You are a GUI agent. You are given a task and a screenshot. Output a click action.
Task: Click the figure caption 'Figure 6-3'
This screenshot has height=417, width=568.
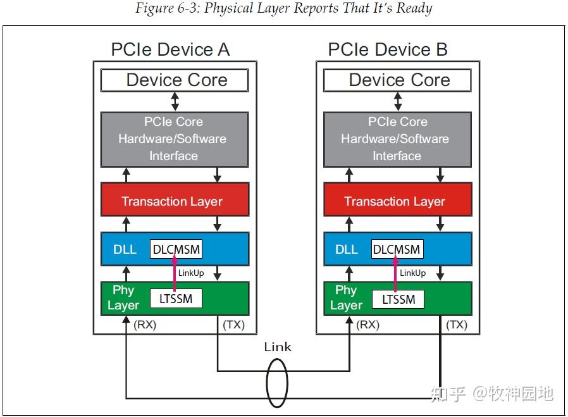pyautogui.click(x=283, y=9)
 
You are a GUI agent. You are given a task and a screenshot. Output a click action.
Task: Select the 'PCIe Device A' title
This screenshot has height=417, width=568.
pyautogui.click(x=170, y=49)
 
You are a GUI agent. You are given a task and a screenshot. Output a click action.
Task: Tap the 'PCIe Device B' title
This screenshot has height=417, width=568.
pyautogui.click(x=388, y=49)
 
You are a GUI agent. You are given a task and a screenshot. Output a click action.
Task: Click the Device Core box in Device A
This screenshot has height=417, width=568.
pyautogui.click(x=175, y=80)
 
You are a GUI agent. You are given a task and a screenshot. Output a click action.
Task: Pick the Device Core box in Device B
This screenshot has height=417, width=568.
pyautogui.click(x=398, y=80)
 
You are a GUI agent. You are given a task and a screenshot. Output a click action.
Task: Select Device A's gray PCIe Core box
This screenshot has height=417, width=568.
pyautogui.click(x=175, y=139)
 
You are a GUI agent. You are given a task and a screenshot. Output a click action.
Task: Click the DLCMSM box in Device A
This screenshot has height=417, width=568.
pyautogui.click(x=176, y=249)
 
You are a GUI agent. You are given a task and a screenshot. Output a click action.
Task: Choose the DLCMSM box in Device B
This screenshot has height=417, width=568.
pyautogui.click(x=397, y=249)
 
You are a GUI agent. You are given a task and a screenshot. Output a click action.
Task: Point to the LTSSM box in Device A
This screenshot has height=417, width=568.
pyautogui.click(x=176, y=298)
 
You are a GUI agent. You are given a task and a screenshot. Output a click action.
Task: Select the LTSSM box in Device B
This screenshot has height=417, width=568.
pyautogui.click(x=398, y=298)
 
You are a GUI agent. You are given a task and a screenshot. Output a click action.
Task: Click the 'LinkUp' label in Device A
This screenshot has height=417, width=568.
pyautogui.click(x=191, y=273)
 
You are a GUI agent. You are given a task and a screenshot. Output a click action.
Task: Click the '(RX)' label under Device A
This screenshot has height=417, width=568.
pyautogui.click(x=145, y=325)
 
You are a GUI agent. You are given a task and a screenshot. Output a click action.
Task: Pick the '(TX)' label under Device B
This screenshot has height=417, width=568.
pyautogui.click(x=457, y=325)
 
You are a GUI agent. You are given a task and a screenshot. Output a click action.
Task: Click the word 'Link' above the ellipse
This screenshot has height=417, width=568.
pyautogui.click(x=278, y=347)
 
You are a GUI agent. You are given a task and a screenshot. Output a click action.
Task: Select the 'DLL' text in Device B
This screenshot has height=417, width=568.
pyautogui.click(x=346, y=249)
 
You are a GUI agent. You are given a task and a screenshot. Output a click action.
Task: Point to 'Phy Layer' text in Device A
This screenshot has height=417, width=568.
pyautogui.click(x=123, y=298)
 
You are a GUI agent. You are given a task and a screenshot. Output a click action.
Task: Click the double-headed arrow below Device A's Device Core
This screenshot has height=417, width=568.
pyautogui.click(x=175, y=101)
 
